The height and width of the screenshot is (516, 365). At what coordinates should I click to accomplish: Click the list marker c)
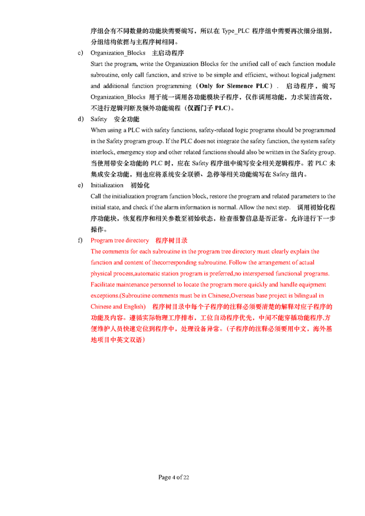click(x=80, y=52)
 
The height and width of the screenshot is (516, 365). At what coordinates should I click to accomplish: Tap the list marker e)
click(x=80, y=186)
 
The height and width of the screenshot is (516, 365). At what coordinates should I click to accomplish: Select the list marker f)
click(x=80, y=241)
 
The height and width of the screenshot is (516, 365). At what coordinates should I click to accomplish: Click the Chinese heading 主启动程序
click(x=168, y=52)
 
